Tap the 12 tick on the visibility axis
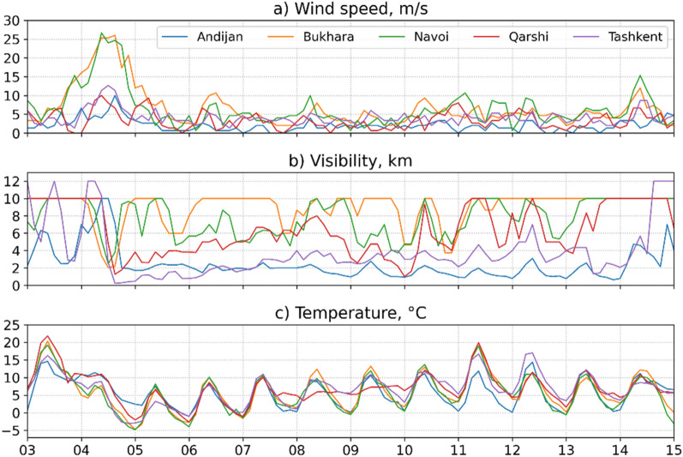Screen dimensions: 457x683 [11, 181]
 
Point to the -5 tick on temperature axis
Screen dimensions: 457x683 [11, 430]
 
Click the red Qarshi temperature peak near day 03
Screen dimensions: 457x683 [47, 336]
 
